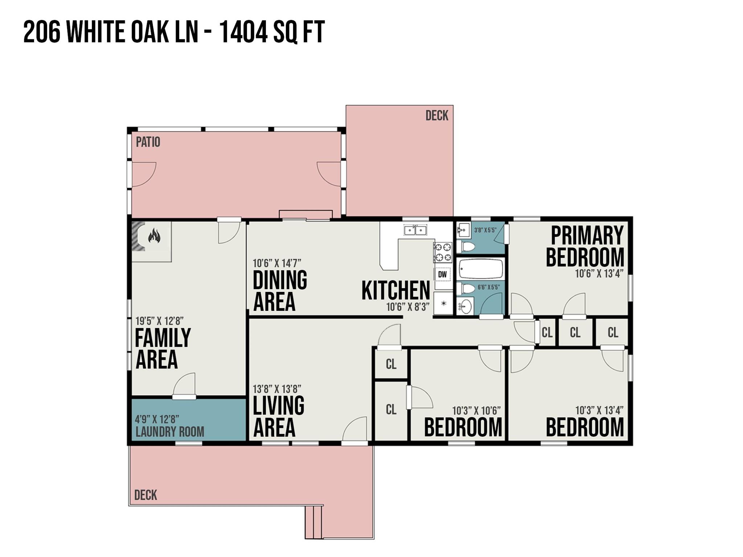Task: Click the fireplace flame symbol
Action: (x=154, y=236)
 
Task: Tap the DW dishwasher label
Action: (x=442, y=274)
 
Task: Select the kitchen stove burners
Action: (x=443, y=252)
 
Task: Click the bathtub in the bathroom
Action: (x=481, y=269)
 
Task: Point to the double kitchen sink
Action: (x=415, y=230)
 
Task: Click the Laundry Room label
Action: (x=169, y=432)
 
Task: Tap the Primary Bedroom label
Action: (x=585, y=246)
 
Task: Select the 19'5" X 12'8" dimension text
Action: (x=159, y=321)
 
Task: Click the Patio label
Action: (x=148, y=142)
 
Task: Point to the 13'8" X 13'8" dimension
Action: (x=277, y=389)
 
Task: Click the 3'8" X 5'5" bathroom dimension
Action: (x=485, y=230)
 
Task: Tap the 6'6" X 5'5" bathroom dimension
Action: (x=488, y=287)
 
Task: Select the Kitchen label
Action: (x=395, y=290)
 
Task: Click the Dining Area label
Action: (x=280, y=290)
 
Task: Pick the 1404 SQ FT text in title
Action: (x=272, y=32)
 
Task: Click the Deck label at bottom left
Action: (x=145, y=495)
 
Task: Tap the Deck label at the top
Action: (x=437, y=116)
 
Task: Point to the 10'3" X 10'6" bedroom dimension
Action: (x=476, y=411)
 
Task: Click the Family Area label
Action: (x=163, y=348)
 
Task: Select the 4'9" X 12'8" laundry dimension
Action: (x=157, y=420)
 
